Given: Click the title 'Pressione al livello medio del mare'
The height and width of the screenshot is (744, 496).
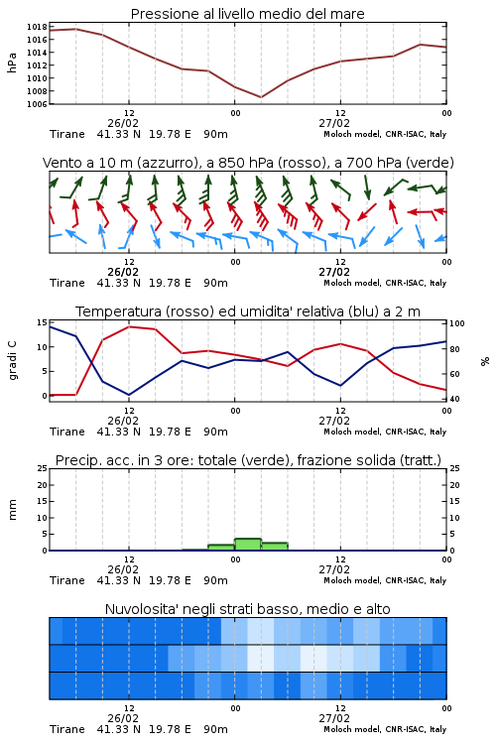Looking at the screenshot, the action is pos(247,14).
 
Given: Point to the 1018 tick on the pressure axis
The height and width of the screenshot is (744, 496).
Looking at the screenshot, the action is pos(37,27).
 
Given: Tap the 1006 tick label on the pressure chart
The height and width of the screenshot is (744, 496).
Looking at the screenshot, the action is pos(37,104).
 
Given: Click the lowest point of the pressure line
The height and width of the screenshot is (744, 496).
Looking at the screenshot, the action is pos(261,97).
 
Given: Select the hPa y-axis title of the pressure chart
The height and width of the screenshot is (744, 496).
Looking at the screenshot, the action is pos(12,62).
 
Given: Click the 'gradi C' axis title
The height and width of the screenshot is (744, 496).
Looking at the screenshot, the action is pos(12,360).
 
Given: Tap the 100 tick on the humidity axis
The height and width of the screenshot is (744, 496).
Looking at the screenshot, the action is pos(457,323).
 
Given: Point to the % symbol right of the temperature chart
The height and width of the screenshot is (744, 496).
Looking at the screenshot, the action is pos(485,361).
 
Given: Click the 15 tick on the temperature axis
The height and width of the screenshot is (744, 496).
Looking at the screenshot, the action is pos(42,322).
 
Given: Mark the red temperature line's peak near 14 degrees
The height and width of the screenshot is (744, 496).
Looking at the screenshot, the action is pos(129,326).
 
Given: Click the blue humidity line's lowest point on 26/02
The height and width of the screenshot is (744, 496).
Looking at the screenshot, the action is pos(129,395).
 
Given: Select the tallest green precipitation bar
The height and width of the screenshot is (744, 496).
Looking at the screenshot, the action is pos(248,545).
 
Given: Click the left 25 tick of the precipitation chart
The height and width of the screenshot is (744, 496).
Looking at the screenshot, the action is pos(42,468).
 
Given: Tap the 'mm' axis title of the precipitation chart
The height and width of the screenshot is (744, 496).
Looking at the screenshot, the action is pos(12,509).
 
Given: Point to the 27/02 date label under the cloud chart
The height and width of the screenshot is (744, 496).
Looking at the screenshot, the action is pos(334,718).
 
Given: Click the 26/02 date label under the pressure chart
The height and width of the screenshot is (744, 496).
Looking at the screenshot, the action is pos(123,123).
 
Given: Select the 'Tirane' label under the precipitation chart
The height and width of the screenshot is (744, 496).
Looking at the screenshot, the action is pos(67,580).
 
